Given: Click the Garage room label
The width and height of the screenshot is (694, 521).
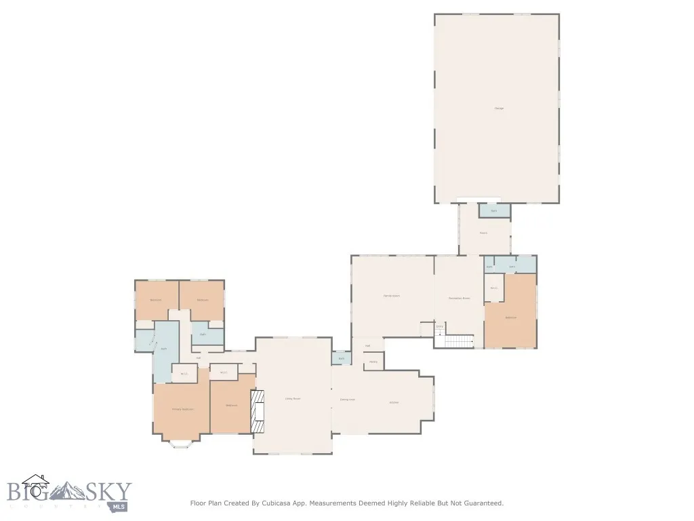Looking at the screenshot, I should [x=499, y=109].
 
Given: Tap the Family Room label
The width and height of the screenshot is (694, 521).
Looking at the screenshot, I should [x=391, y=296].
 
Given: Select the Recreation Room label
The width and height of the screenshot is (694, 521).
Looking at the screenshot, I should [x=459, y=298].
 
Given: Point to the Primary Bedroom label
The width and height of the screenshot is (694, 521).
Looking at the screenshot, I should [x=182, y=409].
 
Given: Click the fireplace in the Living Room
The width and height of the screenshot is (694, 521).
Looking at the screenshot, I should [x=258, y=411].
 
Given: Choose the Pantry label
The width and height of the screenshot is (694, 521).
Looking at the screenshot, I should [x=373, y=362].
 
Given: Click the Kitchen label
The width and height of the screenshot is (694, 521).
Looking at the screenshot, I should [x=394, y=402].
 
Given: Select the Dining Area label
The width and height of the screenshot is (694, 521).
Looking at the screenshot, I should [x=347, y=400].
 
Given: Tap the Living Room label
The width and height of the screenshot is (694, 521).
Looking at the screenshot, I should [x=292, y=398].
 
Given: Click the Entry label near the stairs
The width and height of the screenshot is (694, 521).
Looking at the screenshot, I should [x=439, y=327].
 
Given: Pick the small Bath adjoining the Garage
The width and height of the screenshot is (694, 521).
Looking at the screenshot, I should [x=494, y=211].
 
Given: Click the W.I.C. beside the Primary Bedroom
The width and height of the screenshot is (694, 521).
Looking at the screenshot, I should [x=184, y=373].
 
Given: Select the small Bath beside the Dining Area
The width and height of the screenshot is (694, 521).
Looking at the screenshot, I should [x=342, y=358].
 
